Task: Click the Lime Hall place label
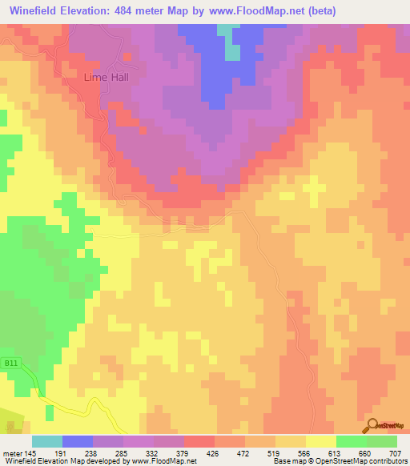[x=107, y=78]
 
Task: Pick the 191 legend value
[x=62, y=452]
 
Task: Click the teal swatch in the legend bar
[x=47, y=441]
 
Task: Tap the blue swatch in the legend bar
[x=78, y=441]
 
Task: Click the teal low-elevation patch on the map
[x=232, y=46]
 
